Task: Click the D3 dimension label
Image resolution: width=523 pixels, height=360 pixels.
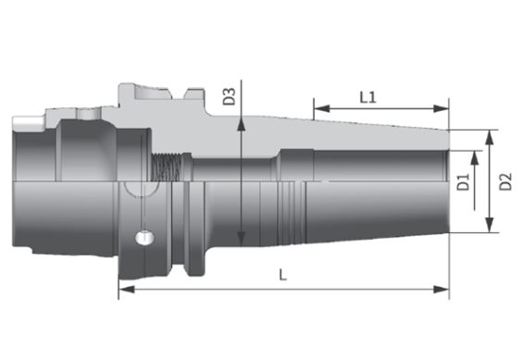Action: [x=230, y=96]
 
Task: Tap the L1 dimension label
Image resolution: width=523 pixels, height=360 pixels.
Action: [x=368, y=97]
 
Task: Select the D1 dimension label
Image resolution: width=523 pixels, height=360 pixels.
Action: [x=463, y=181]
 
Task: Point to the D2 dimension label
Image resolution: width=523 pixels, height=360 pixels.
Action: [x=505, y=181]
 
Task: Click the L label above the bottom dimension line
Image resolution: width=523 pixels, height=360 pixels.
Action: [x=282, y=275]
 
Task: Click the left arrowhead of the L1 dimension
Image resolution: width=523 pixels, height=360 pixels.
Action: [x=321, y=108]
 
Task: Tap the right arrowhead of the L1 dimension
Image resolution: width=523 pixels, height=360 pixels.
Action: [x=441, y=108]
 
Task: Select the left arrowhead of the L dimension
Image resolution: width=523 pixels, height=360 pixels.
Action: [x=127, y=290]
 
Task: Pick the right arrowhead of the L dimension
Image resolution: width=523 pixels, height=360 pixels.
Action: [x=441, y=290]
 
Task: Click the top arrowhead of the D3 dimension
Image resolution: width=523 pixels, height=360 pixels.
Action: [x=241, y=124]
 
